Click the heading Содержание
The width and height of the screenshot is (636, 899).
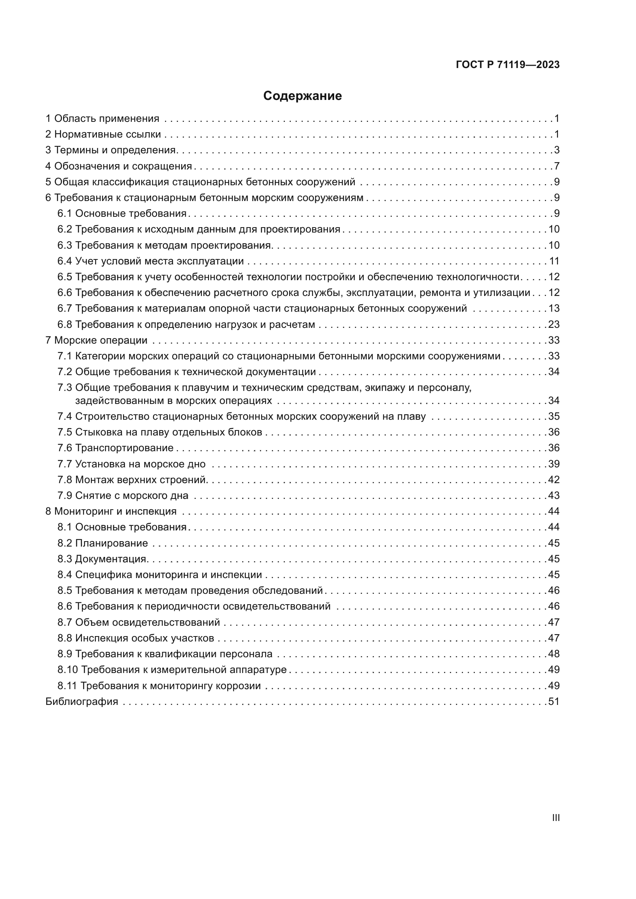(x=302, y=96)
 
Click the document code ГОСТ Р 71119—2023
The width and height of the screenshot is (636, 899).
(x=508, y=65)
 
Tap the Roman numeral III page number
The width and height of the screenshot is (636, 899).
(x=556, y=818)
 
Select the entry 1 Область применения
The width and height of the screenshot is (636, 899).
(x=102, y=119)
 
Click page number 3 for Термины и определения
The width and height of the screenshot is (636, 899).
(x=557, y=150)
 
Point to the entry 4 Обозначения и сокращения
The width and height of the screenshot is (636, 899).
(x=119, y=166)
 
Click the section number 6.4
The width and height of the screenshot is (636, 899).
(x=65, y=261)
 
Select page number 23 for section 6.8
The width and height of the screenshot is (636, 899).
(x=554, y=325)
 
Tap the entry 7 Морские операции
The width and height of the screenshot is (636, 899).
(x=97, y=340)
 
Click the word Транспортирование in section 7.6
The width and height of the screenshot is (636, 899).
(x=124, y=448)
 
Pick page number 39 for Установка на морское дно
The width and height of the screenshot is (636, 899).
(x=554, y=464)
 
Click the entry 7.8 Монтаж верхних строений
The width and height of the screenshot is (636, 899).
(x=132, y=480)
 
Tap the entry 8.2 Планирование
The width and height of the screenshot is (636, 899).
(x=103, y=543)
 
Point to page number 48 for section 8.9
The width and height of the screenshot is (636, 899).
(x=554, y=654)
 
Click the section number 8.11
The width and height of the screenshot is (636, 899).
(x=67, y=686)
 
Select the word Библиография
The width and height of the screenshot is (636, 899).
(x=82, y=701)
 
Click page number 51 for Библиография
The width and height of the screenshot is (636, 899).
(x=554, y=701)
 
